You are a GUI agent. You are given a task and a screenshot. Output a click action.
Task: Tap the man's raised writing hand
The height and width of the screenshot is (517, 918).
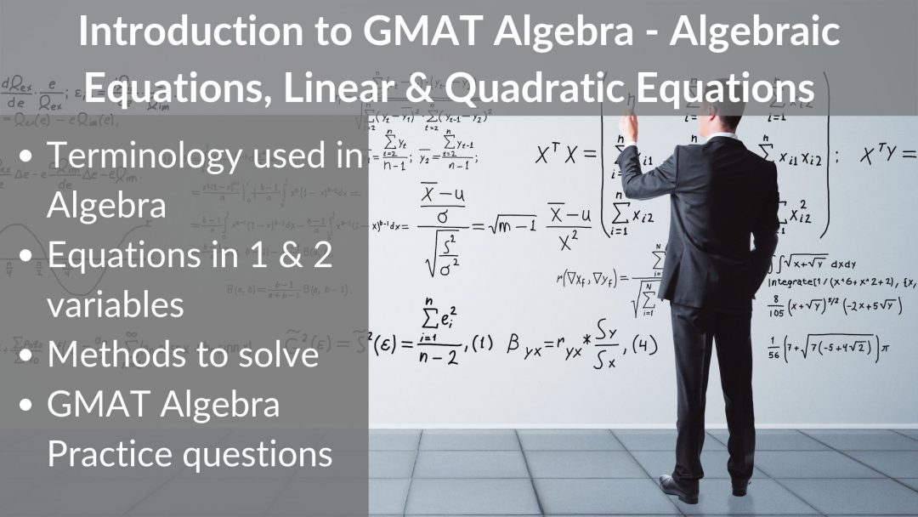point(627,128)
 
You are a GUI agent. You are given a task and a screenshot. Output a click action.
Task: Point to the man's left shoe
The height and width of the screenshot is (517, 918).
point(678,487)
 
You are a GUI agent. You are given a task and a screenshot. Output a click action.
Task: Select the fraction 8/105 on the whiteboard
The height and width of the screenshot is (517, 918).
point(777,306)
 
